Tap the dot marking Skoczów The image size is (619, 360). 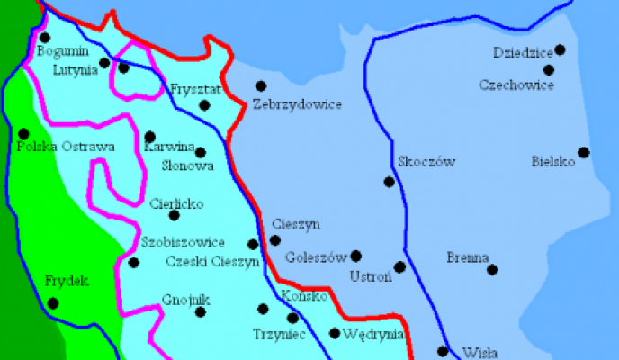(x=390, y=182)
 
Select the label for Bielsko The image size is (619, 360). (x=553, y=163)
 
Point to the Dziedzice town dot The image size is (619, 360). (x=561, y=49)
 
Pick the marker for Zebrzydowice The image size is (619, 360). (x=261, y=86)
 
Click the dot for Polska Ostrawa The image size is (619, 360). (x=23, y=134)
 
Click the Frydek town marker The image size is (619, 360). (x=53, y=303)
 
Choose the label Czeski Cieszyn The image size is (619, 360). (x=213, y=262)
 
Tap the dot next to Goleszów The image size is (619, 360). (x=356, y=256)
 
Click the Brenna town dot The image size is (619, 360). (x=493, y=268)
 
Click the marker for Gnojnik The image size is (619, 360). (x=201, y=312)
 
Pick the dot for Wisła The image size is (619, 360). (x=443, y=351)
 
